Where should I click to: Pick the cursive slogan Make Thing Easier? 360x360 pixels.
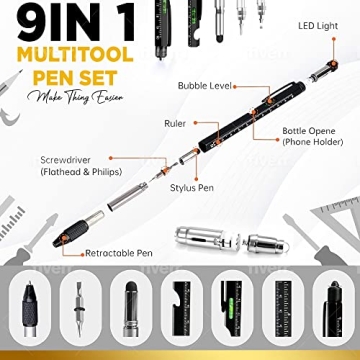point(62,96)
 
